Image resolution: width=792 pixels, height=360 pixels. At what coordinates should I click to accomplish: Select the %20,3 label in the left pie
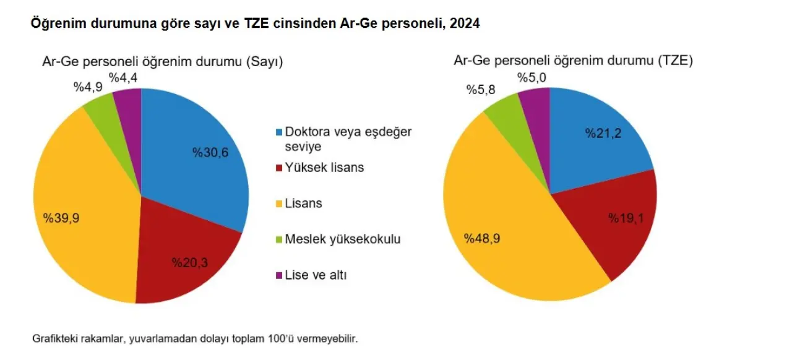pos(189,262)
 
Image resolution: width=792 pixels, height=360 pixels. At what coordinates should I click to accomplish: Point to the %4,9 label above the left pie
pos(87,87)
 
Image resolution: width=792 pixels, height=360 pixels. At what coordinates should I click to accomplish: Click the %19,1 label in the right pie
pos(626,218)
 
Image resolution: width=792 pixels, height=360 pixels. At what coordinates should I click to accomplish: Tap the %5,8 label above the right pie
pos(481,89)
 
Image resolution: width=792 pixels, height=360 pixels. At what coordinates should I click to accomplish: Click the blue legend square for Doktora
pos(279,132)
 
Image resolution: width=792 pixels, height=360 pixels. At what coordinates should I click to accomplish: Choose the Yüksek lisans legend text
pos(324,168)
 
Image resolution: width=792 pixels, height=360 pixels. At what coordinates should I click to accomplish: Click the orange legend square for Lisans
pos(279,204)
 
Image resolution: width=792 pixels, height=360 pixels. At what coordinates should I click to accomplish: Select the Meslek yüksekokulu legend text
pos(342,239)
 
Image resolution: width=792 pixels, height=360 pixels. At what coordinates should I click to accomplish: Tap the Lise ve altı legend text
pos(316,275)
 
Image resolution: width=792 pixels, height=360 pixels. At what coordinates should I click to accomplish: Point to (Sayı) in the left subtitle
pos(264,62)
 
